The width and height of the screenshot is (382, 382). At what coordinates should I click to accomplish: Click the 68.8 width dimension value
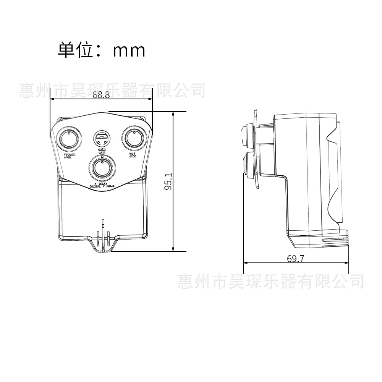[101, 95]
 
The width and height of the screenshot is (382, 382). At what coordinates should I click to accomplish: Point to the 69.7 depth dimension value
[296, 259]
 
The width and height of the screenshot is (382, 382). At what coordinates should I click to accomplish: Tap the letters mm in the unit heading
[129, 50]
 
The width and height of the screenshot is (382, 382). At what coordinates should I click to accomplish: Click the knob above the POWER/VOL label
[69, 138]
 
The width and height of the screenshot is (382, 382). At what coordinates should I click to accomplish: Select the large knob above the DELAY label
[102, 167]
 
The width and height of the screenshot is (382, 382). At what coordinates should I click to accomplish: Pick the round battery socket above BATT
[102, 138]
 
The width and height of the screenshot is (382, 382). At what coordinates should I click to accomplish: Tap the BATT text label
[102, 152]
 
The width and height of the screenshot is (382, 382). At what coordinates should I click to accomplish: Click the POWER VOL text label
[70, 156]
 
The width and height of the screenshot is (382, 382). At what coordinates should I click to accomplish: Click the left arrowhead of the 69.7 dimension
[246, 263]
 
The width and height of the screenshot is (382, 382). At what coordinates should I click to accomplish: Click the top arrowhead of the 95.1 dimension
[173, 114]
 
